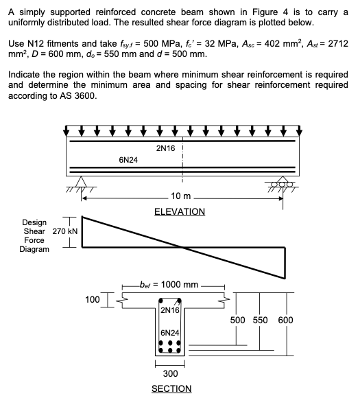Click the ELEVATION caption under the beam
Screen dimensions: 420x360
[180, 211]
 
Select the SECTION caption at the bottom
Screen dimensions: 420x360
[171, 388]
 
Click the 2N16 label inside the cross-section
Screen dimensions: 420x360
[169, 310]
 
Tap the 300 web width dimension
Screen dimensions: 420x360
[171, 374]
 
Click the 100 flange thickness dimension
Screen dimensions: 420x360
[92, 299]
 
